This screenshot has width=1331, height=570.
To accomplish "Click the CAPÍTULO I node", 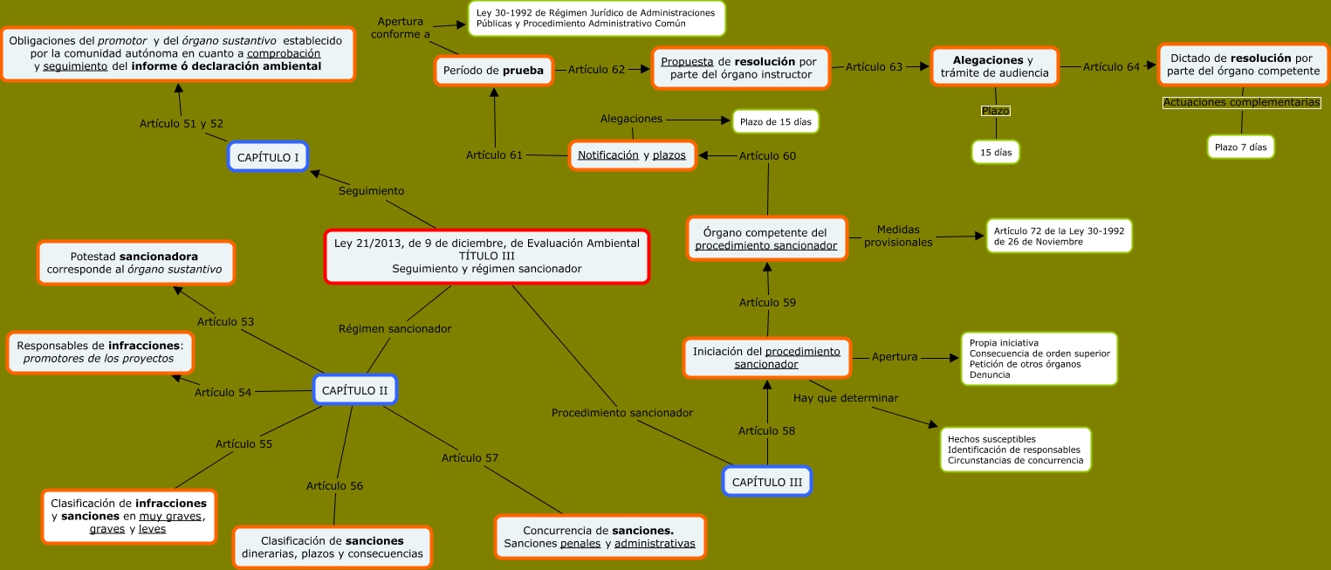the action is click(268, 156).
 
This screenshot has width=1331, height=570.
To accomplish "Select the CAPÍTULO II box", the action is click(354, 390).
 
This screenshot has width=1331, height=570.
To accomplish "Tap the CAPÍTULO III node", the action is click(766, 482).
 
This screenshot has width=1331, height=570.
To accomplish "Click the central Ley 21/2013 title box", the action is click(487, 256).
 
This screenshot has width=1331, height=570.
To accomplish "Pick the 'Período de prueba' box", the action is click(495, 70).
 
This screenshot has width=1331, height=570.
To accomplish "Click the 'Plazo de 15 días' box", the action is click(775, 122).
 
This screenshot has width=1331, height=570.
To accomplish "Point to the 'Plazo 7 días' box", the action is click(1240, 147).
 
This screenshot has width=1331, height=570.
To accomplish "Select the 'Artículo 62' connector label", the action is click(596, 70).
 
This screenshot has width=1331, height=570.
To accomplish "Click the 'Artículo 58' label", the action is click(766, 430).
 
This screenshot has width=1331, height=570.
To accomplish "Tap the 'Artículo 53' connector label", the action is click(225, 322).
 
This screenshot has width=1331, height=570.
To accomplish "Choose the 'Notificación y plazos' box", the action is click(632, 155).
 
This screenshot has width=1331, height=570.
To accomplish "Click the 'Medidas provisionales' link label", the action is click(898, 236).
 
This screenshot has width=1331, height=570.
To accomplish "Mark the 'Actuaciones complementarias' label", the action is click(1241, 103).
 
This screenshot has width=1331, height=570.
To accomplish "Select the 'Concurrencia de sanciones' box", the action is click(600, 537).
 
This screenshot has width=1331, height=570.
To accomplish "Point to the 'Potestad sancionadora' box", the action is click(135, 263).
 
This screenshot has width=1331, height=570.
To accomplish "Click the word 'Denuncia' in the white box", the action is click(989, 374).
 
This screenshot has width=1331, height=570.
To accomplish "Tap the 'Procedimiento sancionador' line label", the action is click(621, 412).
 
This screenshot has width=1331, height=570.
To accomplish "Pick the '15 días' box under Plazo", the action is click(996, 152).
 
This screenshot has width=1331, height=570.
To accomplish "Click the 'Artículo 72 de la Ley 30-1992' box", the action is click(1059, 235).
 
